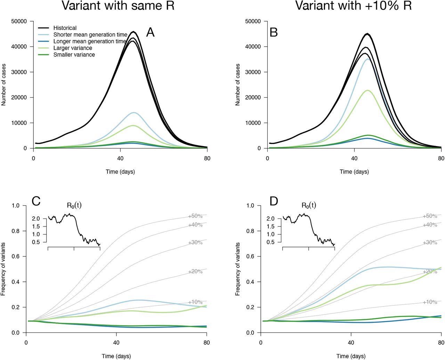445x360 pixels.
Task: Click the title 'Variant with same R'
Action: [118, 6]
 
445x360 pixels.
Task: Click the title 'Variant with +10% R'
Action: [353, 6]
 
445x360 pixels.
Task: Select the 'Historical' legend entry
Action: [65, 28]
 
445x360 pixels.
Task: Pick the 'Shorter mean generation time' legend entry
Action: [90, 35]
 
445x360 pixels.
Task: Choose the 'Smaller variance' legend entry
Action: [74, 55]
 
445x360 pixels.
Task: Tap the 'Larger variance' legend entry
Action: [73, 48]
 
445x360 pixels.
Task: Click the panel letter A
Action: [150, 32]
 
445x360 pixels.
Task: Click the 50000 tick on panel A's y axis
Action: [19, 21]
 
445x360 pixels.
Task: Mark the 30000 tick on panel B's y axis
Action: [253, 72]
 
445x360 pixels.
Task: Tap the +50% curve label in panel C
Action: [195, 216]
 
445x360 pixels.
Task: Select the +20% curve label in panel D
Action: [430, 271]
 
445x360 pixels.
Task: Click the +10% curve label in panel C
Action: [195, 302]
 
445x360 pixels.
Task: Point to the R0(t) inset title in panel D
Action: [309, 205]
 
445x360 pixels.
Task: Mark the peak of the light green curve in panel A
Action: [133, 126]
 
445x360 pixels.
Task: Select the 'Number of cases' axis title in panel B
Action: [238, 85]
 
